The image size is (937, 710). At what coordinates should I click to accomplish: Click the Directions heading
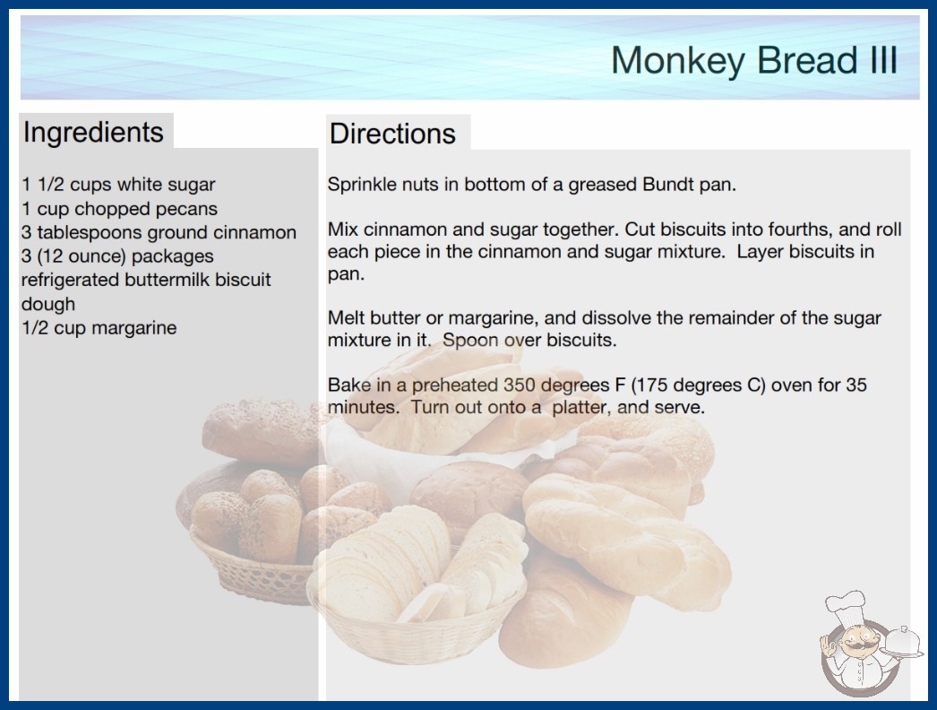coord(392,134)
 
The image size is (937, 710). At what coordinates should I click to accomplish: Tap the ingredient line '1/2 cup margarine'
coord(99,328)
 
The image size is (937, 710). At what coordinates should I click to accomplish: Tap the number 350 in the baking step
coord(520,385)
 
